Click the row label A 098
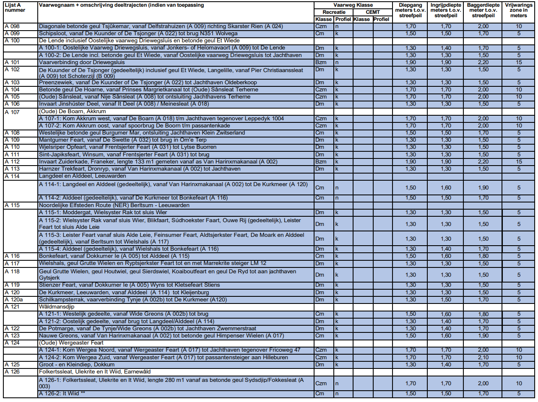click(12, 26)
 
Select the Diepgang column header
click(410, 10)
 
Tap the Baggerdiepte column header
click(483, 10)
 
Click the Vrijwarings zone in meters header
click(518, 10)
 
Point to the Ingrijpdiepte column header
click(446, 10)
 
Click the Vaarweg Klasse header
click(353, 5)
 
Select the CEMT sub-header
click(372, 12)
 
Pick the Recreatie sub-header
click(334, 12)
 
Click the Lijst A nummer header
click(15, 8)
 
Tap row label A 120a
click(14, 300)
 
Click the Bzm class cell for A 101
click(321, 62)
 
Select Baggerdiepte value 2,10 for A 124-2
click(483, 358)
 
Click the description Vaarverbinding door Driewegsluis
click(82, 62)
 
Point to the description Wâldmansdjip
click(57, 307)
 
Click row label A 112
click(12, 162)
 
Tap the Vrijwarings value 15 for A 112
click(519, 162)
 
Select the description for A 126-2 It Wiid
click(59, 394)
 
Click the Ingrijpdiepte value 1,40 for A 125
click(446, 365)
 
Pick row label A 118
click(12, 272)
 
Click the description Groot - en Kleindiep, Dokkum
click(77, 365)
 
